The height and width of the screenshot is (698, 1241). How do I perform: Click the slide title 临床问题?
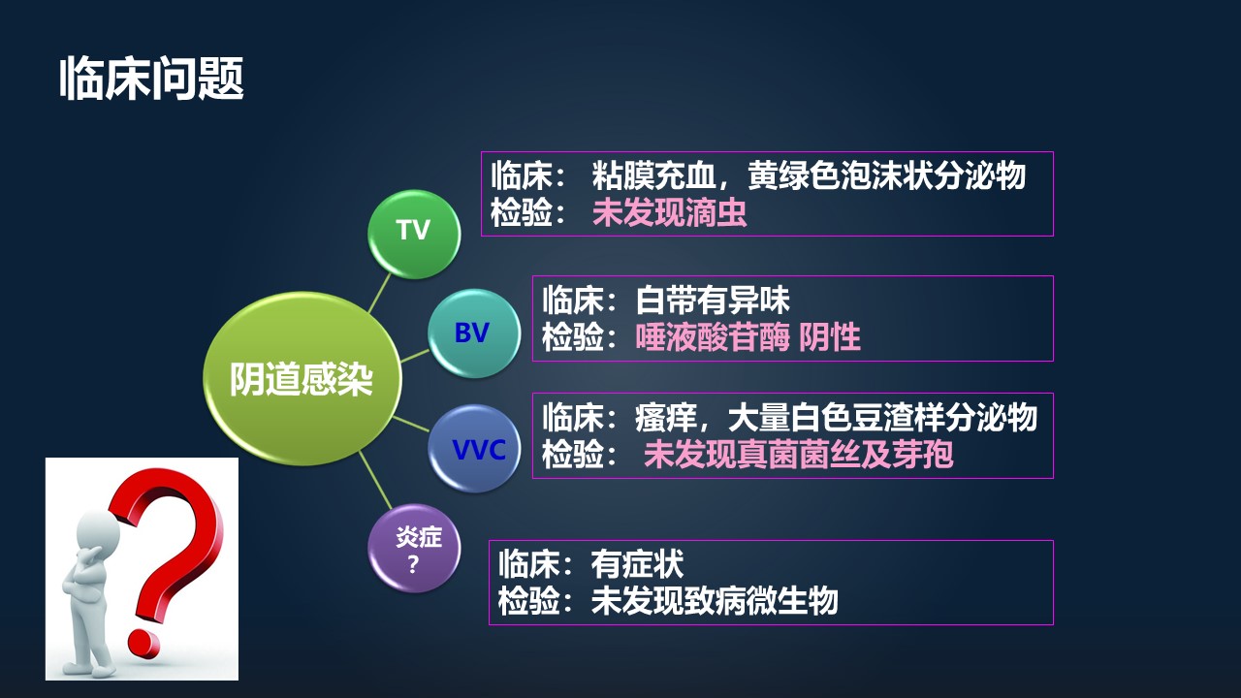pos(151,79)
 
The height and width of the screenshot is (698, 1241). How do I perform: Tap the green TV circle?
pos(413,231)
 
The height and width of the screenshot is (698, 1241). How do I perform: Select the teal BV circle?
pos(473,333)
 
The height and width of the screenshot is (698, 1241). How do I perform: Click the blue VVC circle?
pos(473,449)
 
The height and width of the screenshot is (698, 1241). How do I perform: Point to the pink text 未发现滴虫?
pos(670,213)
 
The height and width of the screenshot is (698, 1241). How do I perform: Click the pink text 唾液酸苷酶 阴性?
pos(748,337)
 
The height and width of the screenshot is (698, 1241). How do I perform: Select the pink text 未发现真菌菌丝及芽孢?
pos(798,454)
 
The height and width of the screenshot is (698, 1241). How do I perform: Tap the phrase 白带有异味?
pos(713,299)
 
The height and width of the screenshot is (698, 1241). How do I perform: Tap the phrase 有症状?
pos(637,563)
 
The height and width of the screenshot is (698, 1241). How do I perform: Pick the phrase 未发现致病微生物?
pos(715,601)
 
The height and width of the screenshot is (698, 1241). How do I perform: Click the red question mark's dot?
pos(145,642)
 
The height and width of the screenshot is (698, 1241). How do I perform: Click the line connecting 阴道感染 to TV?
pos(380,293)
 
